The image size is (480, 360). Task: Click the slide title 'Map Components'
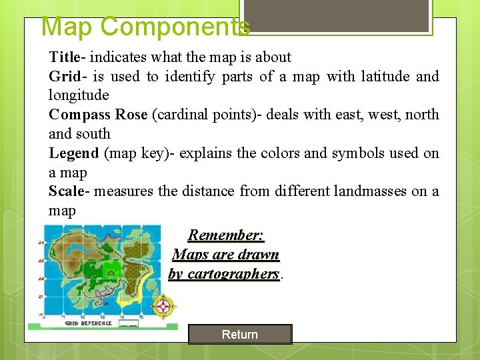coord(145,27)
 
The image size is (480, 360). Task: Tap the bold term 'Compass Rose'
coord(98,115)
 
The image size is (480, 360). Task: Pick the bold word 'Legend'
coord(73,153)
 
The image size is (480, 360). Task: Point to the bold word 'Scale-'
coord(69,191)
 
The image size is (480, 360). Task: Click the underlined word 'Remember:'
coord(226,235)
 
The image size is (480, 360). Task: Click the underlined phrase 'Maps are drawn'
coord(226,255)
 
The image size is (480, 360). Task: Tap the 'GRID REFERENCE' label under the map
coord(88,323)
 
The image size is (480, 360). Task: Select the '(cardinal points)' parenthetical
coord(207,115)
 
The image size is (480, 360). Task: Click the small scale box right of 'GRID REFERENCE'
coord(131,323)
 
